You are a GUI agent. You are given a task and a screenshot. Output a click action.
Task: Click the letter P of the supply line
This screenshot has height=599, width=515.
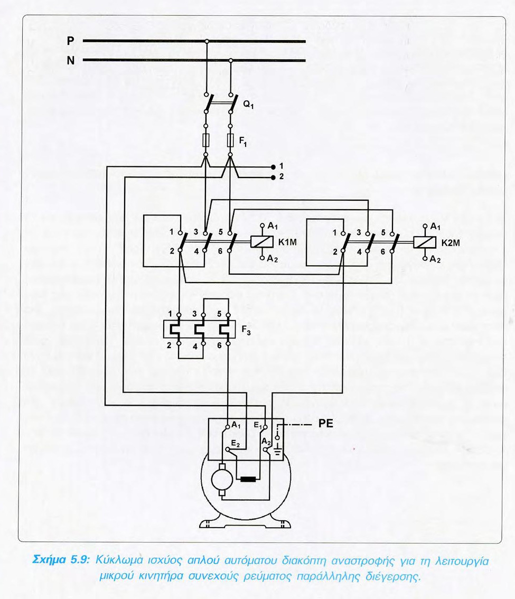click(x=71, y=41)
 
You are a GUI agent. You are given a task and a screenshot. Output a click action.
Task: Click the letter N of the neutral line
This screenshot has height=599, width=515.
click(x=71, y=60)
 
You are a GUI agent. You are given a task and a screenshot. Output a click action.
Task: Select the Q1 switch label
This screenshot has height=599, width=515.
click(x=249, y=105)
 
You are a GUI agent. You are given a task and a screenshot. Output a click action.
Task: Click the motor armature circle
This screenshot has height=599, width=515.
click(x=220, y=480)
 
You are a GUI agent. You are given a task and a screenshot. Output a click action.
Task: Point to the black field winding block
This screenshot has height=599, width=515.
click(x=247, y=480)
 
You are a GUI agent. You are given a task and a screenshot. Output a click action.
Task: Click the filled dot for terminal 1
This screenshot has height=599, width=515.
click(x=273, y=166)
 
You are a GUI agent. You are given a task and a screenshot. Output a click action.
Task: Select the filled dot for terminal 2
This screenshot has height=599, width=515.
click(x=273, y=177)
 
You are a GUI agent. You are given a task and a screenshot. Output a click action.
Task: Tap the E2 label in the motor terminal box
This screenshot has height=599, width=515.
click(x=236, y=443)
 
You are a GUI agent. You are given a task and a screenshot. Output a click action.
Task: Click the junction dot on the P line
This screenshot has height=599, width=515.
click(x=207, y=41)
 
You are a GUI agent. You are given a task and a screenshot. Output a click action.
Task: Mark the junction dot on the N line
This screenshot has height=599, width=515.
click(x=230, y=60)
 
